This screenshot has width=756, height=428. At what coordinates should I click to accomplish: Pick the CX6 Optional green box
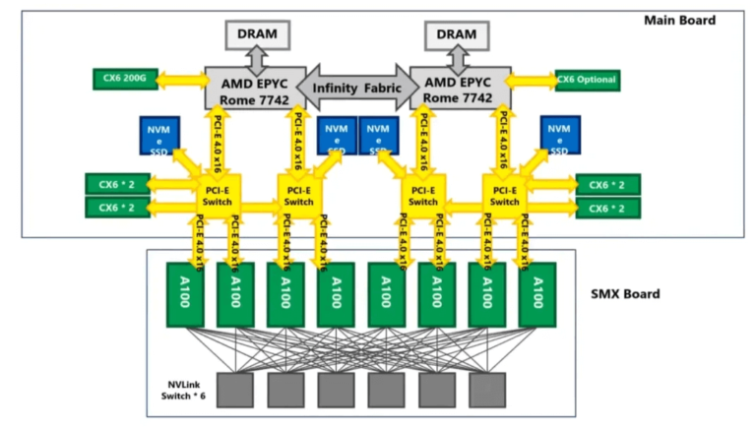pyautogui.click(x=587, y=80)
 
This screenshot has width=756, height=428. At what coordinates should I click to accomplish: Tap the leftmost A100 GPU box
pyautogui.click(x=183, y=294)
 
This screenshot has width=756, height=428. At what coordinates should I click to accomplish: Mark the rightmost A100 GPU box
pyautogui.click(x=537, y=294)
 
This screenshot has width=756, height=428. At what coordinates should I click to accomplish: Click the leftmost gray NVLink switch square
pyautogui.click(x=234, y=390)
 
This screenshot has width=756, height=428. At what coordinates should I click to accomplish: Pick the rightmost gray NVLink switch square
pyautogui.click(x=486, y=390)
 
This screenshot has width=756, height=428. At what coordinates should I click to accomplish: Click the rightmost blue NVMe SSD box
pyautogui.click(x=559, y=136)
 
